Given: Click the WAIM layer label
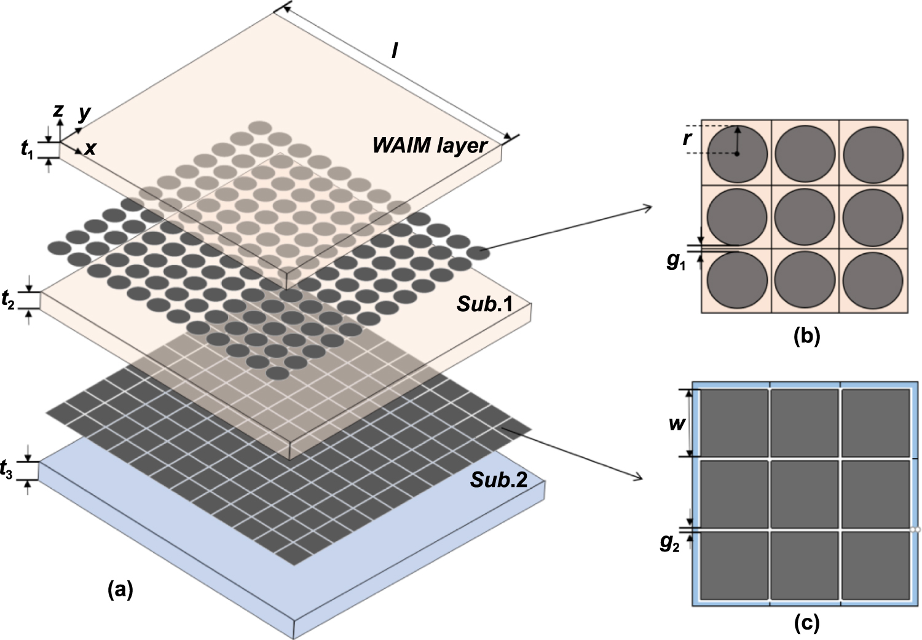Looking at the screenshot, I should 429,146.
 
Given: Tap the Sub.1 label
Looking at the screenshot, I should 484,304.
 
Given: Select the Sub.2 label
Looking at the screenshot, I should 498,480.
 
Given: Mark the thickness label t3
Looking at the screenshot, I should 7,472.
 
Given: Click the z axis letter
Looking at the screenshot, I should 58,110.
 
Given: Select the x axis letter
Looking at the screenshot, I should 90,148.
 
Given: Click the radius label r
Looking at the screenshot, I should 687,138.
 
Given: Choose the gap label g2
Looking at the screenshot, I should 669,543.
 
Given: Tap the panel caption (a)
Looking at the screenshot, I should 120,590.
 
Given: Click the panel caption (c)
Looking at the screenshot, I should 806,623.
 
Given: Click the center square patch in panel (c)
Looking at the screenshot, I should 805,494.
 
